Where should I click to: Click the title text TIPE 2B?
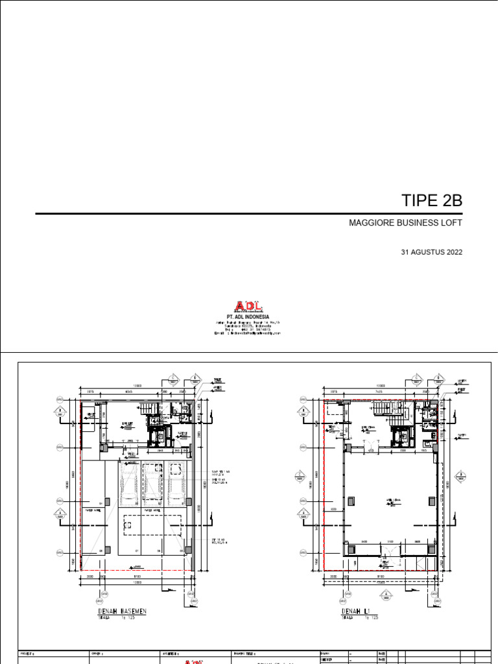click(x=433, y=200)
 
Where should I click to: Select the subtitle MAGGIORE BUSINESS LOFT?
click(x=405, y=224)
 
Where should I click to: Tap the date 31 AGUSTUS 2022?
click(x=433, y=253)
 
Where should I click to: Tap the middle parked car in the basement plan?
click(x=152, y=484)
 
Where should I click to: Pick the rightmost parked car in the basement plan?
click(x=175, y=482)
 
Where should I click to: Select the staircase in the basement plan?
click(x=149, y=409)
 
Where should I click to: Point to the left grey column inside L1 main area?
click(x=351, y=500)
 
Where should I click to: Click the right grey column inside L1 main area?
click(x=429, y=500)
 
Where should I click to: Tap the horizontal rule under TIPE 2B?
click(x=248, y=213)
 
